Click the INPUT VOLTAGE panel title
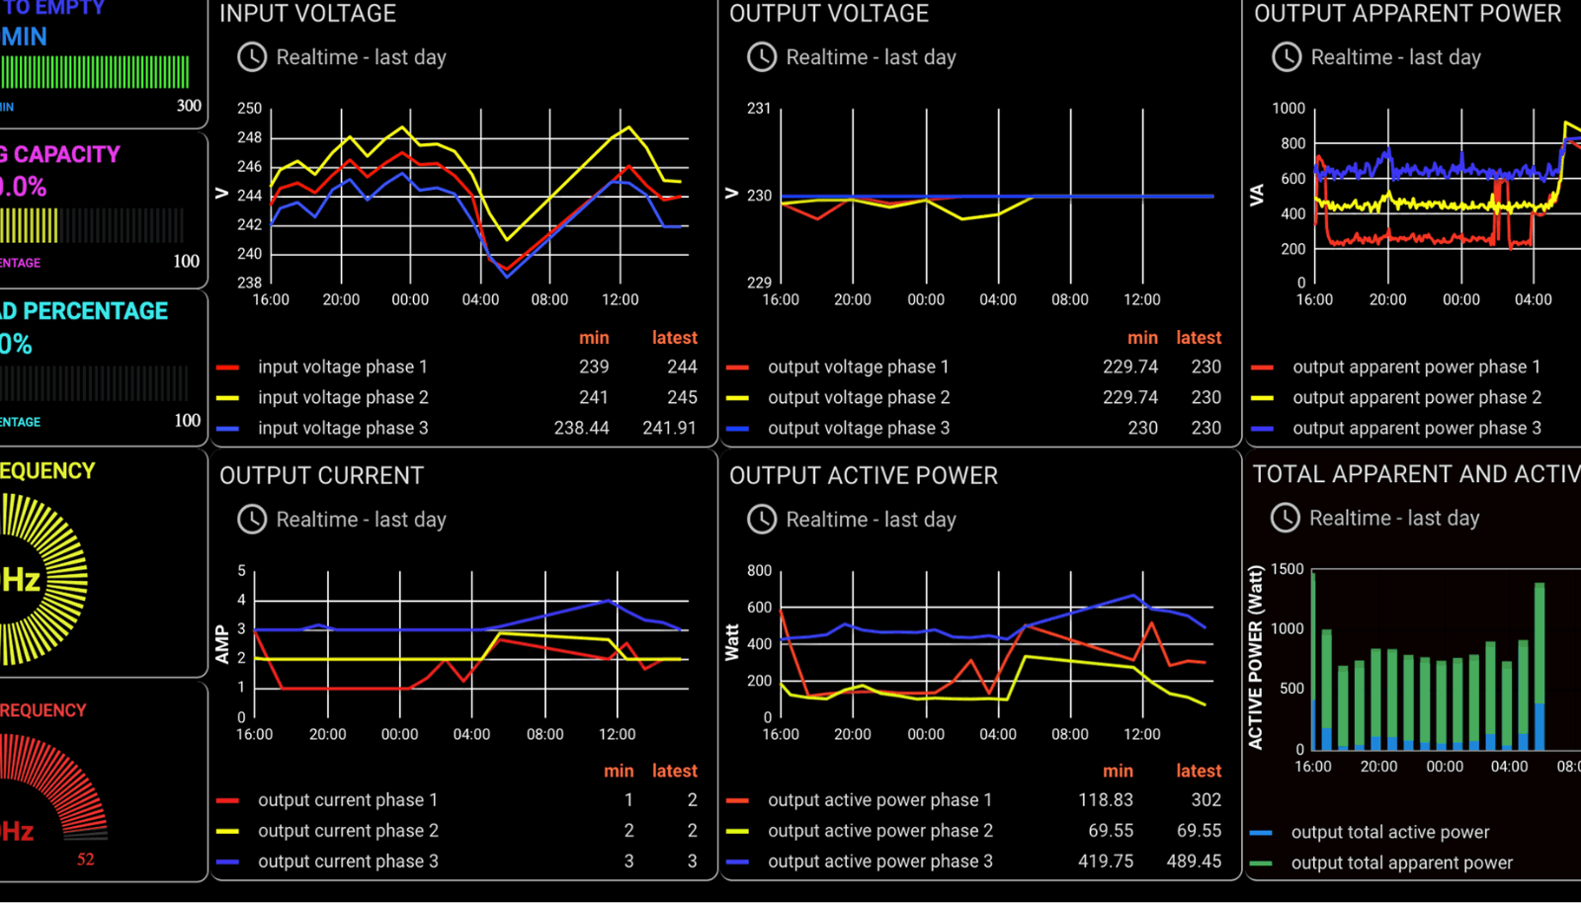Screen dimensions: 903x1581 [307, 14]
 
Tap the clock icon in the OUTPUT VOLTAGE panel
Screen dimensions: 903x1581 [762, 57]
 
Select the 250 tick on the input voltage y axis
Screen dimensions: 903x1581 [250, 108]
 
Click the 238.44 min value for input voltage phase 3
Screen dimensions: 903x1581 [581, 428]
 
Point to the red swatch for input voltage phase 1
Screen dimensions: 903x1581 [227, 368]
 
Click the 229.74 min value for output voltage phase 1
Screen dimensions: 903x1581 [1129, 367]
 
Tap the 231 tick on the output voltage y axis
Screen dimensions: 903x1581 [759, 108]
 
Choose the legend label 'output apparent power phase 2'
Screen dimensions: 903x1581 [1416, 397]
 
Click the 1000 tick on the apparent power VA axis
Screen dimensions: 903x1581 [1289, 108]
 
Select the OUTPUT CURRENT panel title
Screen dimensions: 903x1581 [321, 476]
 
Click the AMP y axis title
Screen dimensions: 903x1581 [222, 643]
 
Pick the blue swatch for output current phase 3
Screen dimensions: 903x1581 [227, 862]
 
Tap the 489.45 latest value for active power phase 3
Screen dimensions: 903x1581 [1194, 862]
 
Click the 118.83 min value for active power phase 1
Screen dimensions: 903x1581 [1105, 800]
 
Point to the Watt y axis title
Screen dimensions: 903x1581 [732, 642]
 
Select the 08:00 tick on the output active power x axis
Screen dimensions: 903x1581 [1070, 734]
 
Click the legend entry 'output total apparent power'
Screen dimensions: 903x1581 [1401, 862]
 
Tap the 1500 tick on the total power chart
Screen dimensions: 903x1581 [1288, 569]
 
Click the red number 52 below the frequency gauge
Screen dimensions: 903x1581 [86, 860]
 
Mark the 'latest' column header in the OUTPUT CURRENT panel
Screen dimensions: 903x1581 [675, 771]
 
